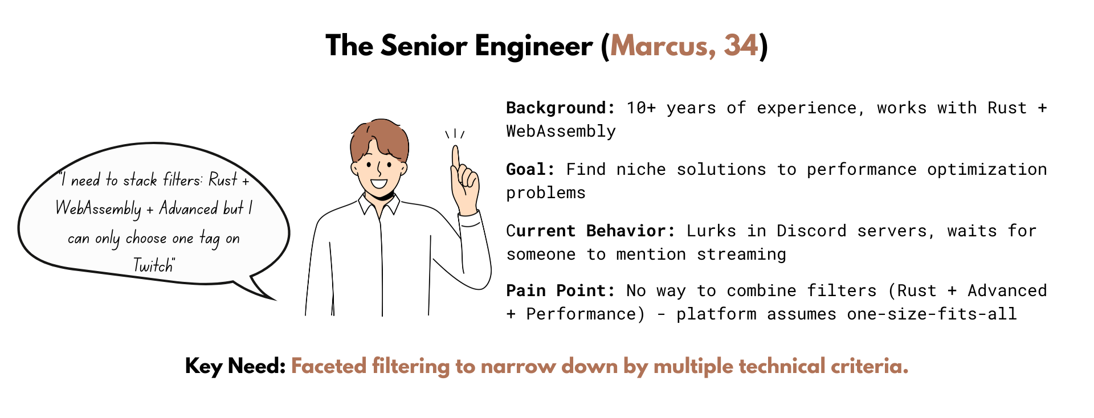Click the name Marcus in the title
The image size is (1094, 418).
[x=659, y=46]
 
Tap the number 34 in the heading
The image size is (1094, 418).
[x=741, y=46]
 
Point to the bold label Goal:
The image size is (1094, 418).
[x=530, y=169]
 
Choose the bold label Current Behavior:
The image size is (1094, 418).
[x=590, y=231]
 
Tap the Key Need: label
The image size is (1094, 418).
[x=235, y=366]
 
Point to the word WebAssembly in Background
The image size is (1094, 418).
[x=561, y=132]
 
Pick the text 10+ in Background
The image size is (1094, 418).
[x=641, y=108]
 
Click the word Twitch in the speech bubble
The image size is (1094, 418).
[x=153, y=265]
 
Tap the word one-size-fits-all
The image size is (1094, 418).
[x=932, y=314]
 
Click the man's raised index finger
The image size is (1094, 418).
[x=456, y=157]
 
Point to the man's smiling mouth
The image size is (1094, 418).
[x=378, y=184]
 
